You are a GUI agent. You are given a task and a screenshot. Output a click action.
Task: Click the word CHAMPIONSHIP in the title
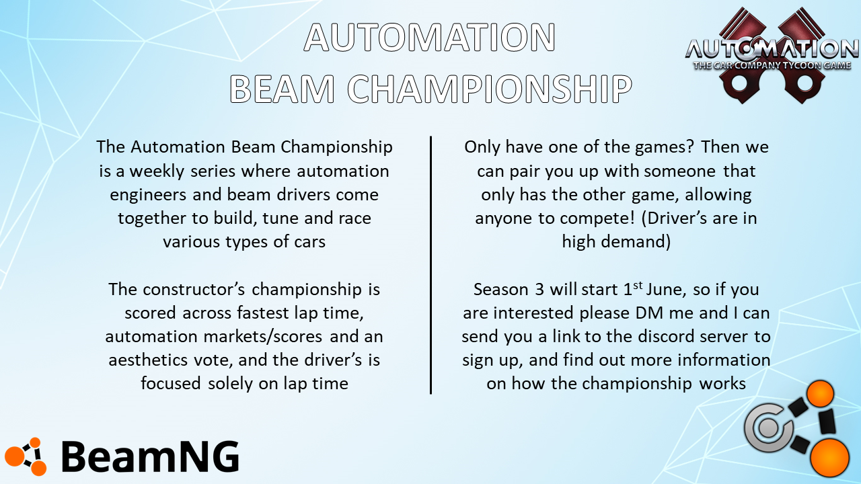[x=490, y=89]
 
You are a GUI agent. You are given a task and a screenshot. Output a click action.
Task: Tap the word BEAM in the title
[x=282, y=89]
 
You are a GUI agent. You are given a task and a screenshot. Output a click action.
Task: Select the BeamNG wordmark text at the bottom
[x=150, y=456]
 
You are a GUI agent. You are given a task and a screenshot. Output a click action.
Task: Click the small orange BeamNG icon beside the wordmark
[x=26, y=456]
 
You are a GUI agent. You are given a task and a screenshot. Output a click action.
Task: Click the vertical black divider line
[x=431, y=265]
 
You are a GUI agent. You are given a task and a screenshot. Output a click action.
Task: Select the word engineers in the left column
[x=148, y=195]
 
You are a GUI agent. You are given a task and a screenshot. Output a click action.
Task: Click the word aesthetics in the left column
[x=148, y=360]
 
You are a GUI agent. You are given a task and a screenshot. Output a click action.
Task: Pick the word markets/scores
[x=262, y=337]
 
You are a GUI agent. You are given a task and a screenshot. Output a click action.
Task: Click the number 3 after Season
[x=539, y=290]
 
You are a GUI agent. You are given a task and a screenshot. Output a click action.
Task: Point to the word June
[x=666, y=290]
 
